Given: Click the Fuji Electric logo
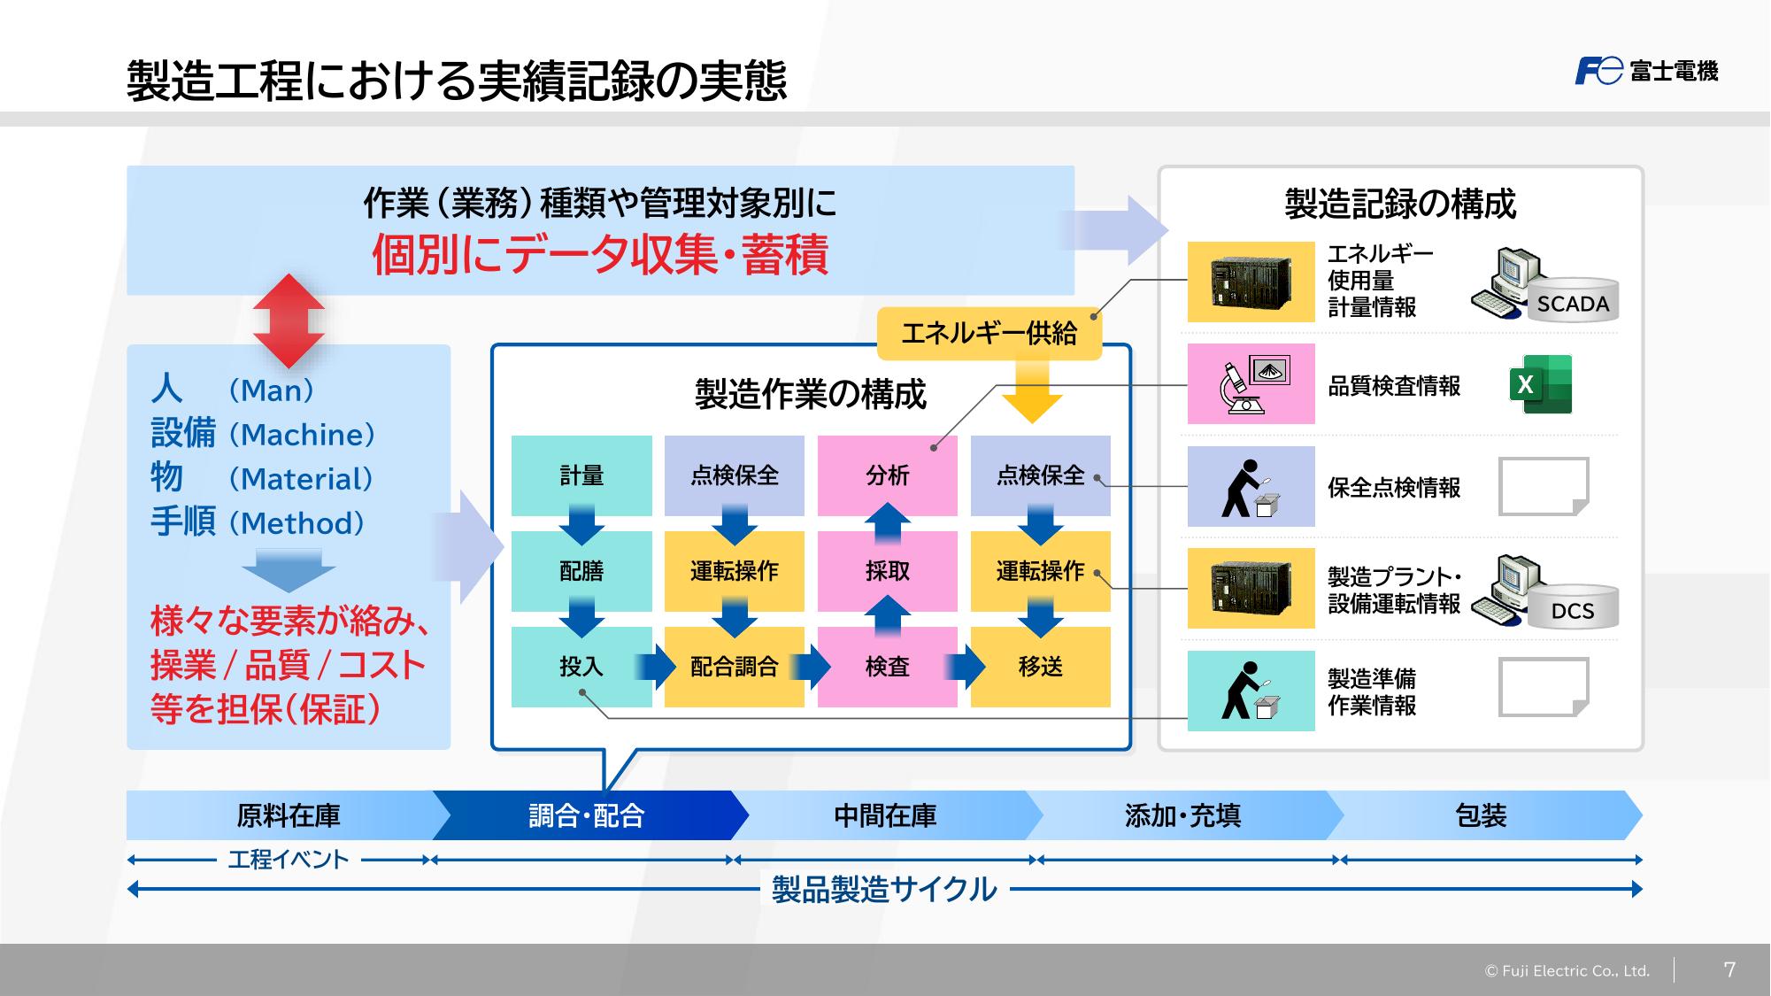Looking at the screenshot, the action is [x=1646, y=71].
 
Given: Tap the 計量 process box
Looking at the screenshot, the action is [x=581, y=475].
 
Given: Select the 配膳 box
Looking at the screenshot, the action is [x=581, y=571].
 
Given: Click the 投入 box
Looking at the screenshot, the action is [x=581, y=667].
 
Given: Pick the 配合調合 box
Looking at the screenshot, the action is [x=735, y=667].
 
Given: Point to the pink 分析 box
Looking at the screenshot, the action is [x=888, y=475].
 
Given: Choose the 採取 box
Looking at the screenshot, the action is [x=888, y=571].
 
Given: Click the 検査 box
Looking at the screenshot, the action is [x=888, y=667].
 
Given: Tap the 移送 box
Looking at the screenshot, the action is [x=1041, y=667].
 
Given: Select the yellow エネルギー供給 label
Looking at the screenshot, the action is [x=989, y=334].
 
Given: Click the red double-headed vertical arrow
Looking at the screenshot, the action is [x=289, y=320].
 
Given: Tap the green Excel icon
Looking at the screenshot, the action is [x=1541, y=384].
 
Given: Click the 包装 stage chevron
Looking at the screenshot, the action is [x=1483, y=815].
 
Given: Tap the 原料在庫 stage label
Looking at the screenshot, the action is [x=289, y=815].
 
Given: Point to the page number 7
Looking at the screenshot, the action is [x=1729, y=969].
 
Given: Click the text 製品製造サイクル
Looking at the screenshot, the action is [x=884, y=889].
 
